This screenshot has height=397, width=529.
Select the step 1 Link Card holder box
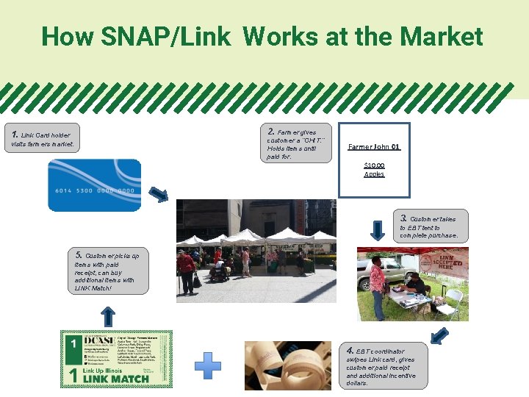tap(43, 139)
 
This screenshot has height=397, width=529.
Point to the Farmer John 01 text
tap(374, 147)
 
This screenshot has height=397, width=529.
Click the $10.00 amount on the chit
tap(374, 165)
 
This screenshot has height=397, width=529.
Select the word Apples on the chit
tap(374, 174)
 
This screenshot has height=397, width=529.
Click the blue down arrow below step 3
tap(377, 229)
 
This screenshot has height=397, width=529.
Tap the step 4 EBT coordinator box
tap(381, 365)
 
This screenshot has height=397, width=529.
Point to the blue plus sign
tap(208, 365)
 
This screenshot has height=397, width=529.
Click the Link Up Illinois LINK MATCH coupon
tap(116, 359)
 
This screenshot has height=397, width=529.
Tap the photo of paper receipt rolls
tap(289, 365)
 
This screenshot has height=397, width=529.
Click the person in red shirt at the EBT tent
tap(378, 283)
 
